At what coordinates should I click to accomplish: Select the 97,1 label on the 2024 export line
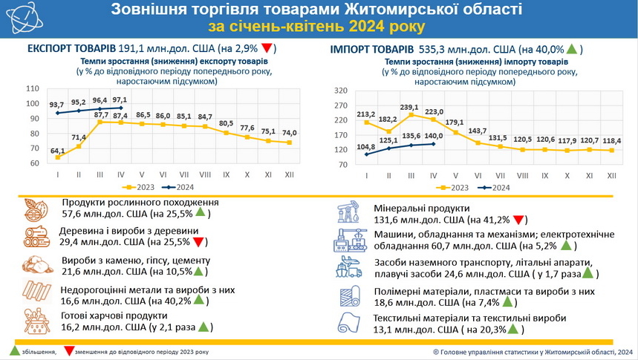click(x=120, y=99)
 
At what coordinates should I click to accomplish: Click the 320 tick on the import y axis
click(x=341, y=91)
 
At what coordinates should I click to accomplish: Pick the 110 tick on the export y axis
click(x=33, y=88)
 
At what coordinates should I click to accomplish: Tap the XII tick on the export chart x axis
click(x=290, y=175)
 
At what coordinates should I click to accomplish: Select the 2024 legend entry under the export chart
click(x=186, y=188)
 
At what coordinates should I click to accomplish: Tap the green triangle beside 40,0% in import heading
click(x=572, y=49)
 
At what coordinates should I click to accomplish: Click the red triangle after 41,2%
click(x=520, y=220)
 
